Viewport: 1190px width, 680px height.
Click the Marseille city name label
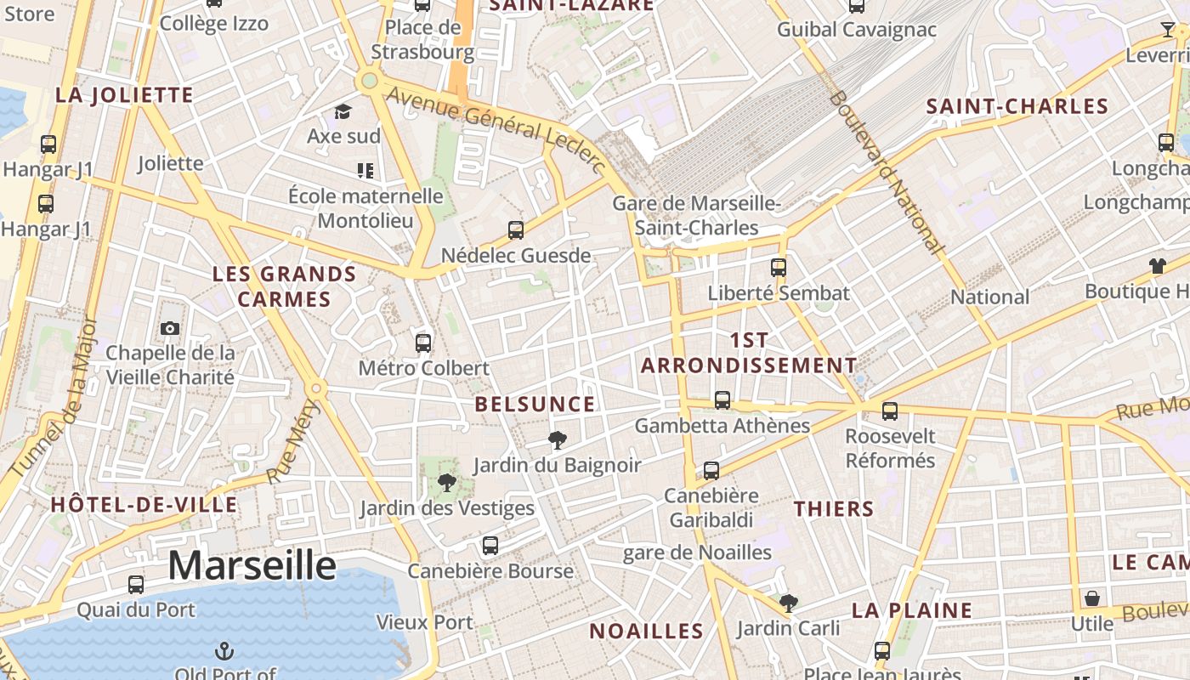coord(252,565)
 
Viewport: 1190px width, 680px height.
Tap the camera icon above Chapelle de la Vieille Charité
coord(170,328)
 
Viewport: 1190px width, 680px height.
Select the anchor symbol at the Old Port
coord(224,652)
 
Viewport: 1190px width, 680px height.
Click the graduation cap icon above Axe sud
coord(343,111)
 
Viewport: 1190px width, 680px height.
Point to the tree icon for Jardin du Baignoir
coord(558,440)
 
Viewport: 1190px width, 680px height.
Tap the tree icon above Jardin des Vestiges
coord(446,484)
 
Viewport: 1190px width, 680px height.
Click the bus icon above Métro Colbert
coord(423,343)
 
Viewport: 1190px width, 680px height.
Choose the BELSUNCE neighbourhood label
coord(535,405)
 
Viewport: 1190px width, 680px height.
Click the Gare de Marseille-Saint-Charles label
coord(696,216)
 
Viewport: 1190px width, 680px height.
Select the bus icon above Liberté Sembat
coord(779,268)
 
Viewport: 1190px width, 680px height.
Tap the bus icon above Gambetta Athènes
coord(722,399)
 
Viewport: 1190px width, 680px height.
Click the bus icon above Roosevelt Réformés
coord(890,411)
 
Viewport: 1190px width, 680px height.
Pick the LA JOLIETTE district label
coord(125,95)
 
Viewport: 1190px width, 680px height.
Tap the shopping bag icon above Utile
coord(1092,598)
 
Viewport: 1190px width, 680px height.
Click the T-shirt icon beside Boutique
coord(1157,266)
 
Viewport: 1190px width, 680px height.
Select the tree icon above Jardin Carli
coord(788,603)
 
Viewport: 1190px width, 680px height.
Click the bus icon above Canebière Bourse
coord(490,546)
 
